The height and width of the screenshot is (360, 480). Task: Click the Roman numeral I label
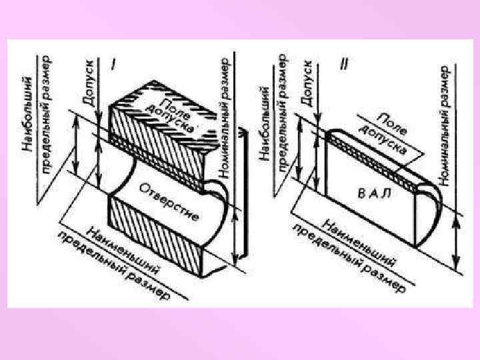pos(115,65)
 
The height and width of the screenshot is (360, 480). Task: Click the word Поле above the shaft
pos(391,121)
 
